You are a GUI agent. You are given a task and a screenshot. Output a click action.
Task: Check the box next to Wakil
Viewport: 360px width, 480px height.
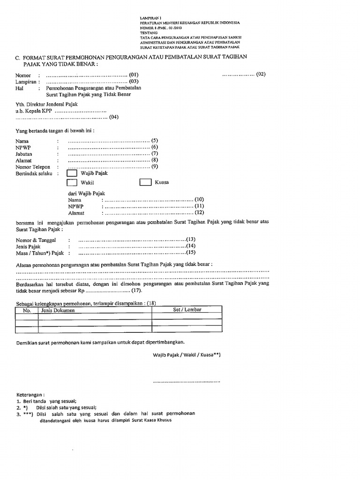[x=72, y=183]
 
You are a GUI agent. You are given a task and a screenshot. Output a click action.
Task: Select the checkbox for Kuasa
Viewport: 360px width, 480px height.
[x=146, y=182]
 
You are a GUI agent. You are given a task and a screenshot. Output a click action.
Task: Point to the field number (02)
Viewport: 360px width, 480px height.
[x=261, y=74]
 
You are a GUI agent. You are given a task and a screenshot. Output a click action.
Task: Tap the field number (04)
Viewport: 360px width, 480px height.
[x=114, y=117]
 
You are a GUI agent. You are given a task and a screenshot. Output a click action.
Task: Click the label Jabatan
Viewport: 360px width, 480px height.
[x=24, y=154]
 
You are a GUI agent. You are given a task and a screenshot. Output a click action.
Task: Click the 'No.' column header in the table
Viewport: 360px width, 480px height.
[x=27, y=310]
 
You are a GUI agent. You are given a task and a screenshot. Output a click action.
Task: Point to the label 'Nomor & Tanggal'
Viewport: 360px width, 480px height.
[x=36, y=240]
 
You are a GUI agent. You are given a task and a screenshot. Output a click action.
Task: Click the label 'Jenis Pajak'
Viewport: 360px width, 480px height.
[x=29, y=247]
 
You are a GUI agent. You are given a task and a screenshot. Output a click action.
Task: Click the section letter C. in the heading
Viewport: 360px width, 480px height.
[x=18, y=57]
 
